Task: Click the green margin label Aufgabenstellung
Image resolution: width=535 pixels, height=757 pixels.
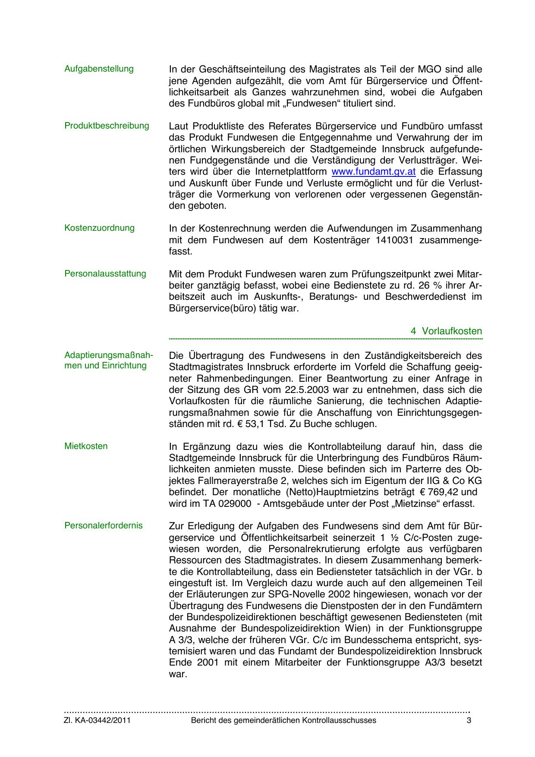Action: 99,69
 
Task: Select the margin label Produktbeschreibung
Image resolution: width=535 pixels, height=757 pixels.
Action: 107,126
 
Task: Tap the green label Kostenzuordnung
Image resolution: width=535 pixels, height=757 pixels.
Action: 99,228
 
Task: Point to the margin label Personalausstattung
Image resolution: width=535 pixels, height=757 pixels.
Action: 105,273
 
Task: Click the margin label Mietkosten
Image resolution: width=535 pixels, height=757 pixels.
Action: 86,446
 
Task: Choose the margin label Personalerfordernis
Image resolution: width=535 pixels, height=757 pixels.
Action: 103,525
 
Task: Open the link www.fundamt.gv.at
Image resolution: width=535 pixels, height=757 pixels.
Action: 373,172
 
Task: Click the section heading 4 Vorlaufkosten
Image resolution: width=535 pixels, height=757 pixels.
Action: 446,331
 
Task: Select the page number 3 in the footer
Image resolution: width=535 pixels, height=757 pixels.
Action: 469,720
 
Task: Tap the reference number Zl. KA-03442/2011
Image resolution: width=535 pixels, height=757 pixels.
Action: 97,720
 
